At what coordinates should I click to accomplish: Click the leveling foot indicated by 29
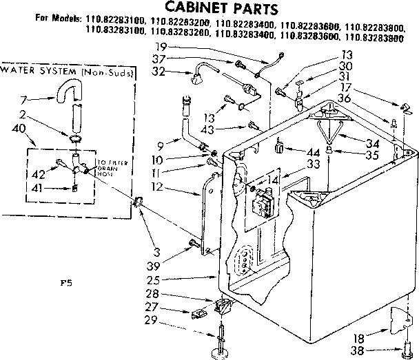(222, 348)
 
